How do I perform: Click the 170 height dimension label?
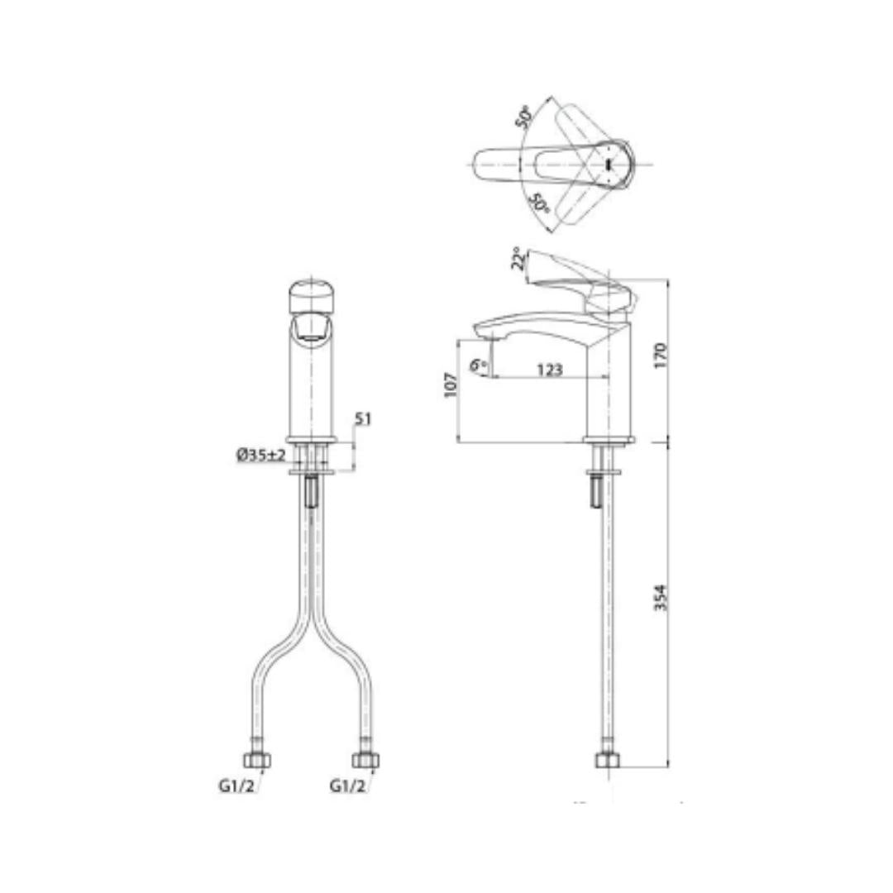(x=661, y=355)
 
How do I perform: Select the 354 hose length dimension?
(x=661, y=598)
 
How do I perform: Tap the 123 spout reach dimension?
(x=550, y=370)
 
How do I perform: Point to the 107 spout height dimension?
(x=451, y=385)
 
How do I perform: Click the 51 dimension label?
(x=363, y=419)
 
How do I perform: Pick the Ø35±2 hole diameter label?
(x=260, y=455)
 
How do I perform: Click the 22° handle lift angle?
(x=518, y=258)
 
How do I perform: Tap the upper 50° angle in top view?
(x=524, y=117)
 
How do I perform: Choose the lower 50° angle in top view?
(x=539, y=203)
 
